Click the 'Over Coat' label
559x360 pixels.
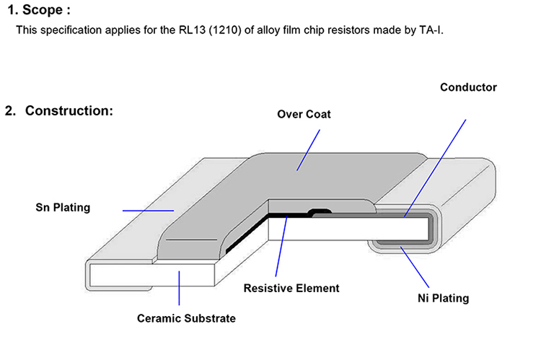pyautogui.click(x=304, y=114)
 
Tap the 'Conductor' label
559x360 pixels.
pyautogui.click(x=468, y=87)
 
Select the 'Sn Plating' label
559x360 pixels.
pyautogui.click(x=63, y=208)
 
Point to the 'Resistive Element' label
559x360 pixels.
pyautogui.click(x=291, y=288)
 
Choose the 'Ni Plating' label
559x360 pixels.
pyautogui.click(x=443, y=298)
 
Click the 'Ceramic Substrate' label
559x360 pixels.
pyautogui.click(x=186, y=318)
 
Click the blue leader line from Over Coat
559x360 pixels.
pyautogui.click(x=308, y=150)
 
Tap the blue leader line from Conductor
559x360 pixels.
pyautogui.click(x=435, y=168)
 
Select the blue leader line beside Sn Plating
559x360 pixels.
pyautogui.click(x=148, y=211)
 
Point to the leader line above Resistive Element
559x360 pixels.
pyautogui.click(x=281, y=246)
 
